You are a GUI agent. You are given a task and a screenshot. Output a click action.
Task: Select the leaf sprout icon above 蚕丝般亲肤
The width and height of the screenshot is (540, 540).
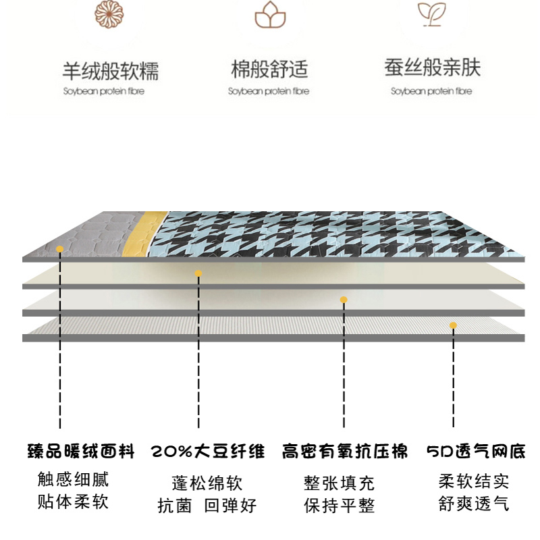click(x=431, y=13)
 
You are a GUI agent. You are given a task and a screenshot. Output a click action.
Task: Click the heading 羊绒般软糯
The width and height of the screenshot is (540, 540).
click(x=111, y=71)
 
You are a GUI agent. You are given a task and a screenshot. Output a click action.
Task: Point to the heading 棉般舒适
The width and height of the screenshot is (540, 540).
click(x=269, y=70)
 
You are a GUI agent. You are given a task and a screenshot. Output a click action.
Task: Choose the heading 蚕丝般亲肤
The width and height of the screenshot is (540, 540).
click(x=433, y=68)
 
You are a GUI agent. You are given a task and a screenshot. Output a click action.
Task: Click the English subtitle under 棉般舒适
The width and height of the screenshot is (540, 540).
click(x=269, y=91)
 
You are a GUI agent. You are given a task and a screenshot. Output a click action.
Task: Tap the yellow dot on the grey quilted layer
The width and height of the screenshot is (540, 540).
click(x=60, y=249)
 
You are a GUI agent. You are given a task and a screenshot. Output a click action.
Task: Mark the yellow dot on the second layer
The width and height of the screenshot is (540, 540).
click(x=198, y=273)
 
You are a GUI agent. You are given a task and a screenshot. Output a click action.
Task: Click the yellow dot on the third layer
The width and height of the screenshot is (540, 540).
click(x=344, y=300)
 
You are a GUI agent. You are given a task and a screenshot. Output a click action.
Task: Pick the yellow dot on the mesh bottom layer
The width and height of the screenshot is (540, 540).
click(x=453, y=325)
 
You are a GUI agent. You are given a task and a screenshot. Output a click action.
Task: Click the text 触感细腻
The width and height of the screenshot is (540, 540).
click(x=73, y=480)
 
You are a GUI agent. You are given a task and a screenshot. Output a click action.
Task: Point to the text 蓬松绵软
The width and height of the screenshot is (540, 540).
click(x=207, y=483)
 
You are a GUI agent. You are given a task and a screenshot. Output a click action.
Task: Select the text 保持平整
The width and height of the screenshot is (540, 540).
click(x=340, y=505)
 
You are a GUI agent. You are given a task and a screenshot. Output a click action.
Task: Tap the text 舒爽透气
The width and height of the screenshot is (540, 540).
click(x=474, y=504)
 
